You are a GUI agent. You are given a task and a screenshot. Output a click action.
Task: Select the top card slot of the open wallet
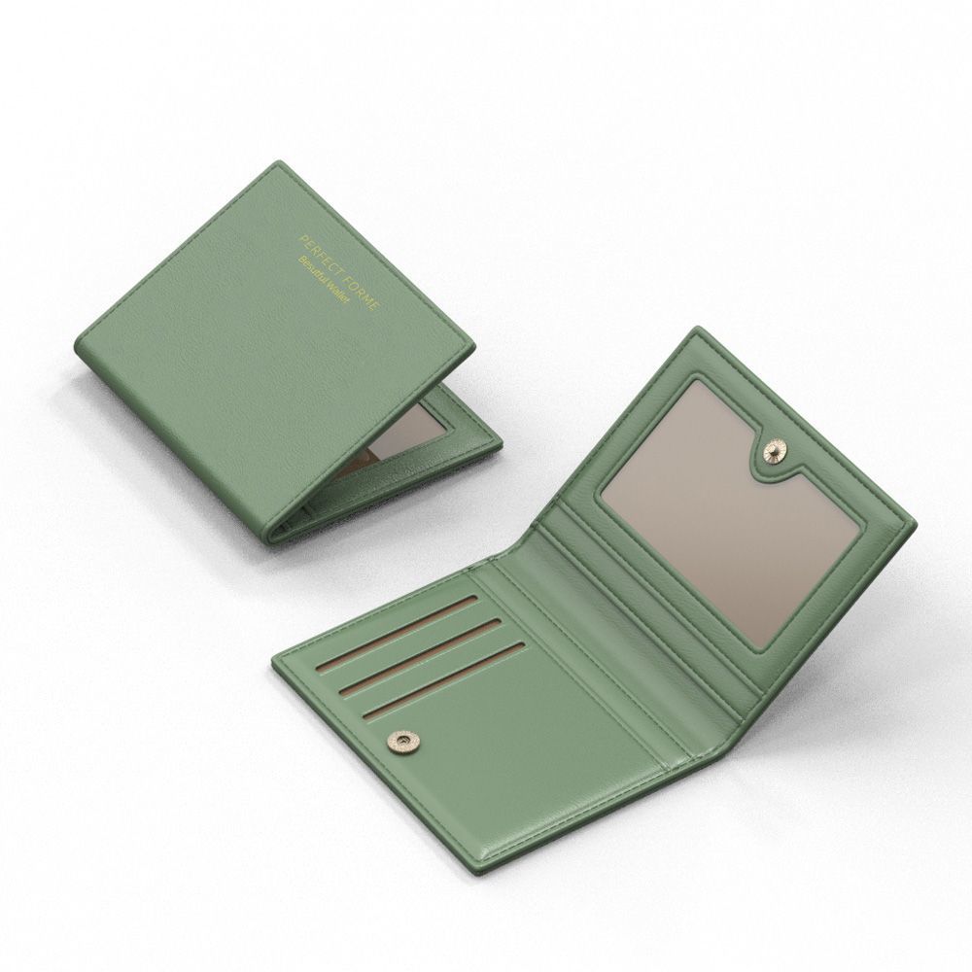point(397,634)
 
